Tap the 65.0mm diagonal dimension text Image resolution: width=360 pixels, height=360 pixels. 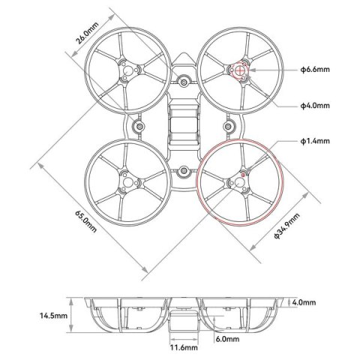(85, 220)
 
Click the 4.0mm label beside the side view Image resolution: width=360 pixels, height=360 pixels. (305, 303)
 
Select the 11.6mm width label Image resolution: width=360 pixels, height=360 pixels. (183, 348)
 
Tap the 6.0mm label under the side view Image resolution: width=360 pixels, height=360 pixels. (226, 339)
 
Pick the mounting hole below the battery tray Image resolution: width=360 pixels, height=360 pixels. (183, 172)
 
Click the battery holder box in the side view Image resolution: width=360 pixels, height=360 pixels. (183, 322)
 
